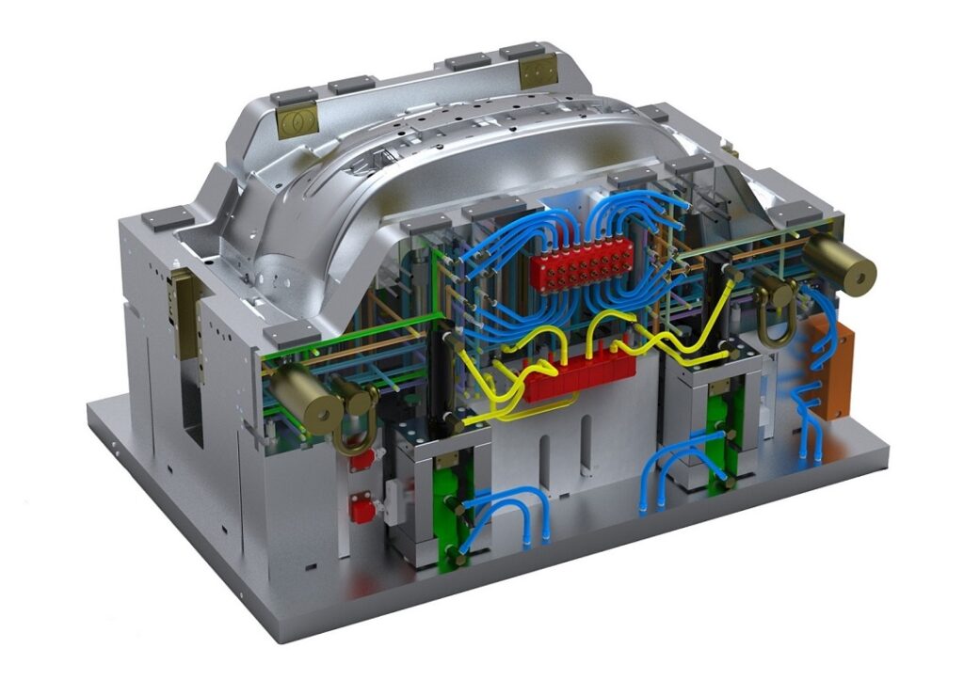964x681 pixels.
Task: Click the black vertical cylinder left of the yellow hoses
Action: click(x=440, y=376)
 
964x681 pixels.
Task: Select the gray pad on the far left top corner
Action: click(x=167, y=218)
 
